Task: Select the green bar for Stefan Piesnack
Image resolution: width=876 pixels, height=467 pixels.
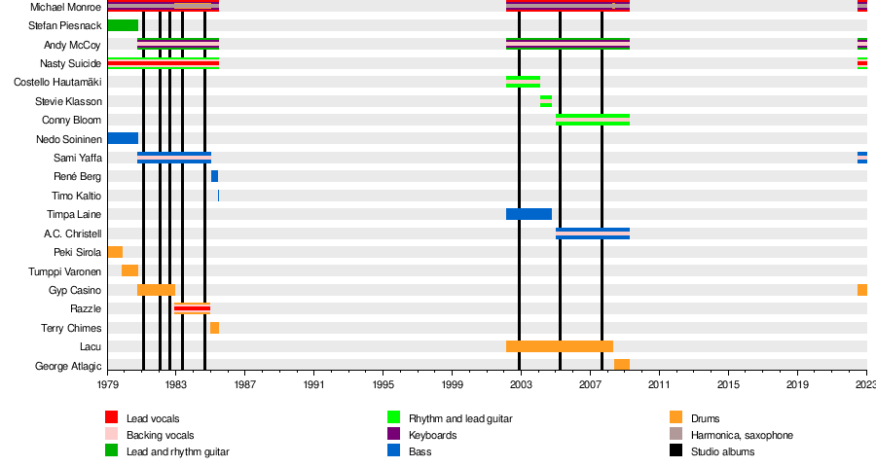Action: pos(123,25)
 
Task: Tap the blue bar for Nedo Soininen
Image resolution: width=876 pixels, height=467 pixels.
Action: pos(123,138)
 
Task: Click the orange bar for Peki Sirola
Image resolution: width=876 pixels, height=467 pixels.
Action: pos(115,252)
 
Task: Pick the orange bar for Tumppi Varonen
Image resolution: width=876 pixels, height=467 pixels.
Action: pos(129,270)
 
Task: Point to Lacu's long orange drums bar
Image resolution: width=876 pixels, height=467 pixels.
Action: pos(559,346)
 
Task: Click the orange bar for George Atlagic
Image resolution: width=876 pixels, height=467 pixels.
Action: pos(621,365)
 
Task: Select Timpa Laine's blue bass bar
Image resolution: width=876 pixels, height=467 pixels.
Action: pos(529,214)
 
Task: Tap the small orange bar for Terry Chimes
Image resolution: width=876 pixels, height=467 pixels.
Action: pos(214,328)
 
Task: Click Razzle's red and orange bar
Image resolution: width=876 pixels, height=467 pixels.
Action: pos(192,308)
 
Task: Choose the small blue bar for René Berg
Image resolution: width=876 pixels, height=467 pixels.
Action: pos(214,176)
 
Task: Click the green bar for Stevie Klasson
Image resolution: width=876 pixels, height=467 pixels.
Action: pos(546,101)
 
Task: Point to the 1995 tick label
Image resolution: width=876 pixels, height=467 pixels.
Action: pos(383,385)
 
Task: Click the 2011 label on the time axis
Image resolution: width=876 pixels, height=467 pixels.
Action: pos(659,385)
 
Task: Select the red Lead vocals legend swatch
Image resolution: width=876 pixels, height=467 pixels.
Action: pos(112,418)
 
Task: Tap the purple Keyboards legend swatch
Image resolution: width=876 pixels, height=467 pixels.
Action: pos(394,435)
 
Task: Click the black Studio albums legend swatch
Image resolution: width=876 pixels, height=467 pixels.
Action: pos(676,451)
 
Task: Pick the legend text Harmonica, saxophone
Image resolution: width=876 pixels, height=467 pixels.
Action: pos(742,435)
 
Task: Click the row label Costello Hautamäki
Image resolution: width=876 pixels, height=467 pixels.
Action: pos(57,83)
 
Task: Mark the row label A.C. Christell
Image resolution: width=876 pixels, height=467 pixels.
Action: pos(72,233)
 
